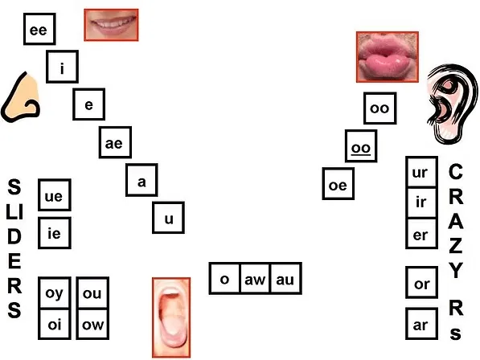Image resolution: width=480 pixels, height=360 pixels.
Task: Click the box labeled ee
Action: [x=39, y=29]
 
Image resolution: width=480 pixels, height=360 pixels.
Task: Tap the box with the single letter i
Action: [x=62, y=67]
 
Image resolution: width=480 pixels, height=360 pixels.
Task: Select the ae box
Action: [x=115, y=142]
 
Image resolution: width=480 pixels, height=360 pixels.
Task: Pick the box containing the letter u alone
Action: [x=168, y=218]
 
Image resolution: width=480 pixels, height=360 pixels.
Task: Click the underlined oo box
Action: [x=361, y=146]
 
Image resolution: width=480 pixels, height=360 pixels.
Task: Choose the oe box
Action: [x=338, y=183]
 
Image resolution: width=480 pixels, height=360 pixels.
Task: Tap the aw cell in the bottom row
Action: [x=255, y=278]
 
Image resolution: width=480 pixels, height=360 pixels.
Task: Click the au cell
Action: [x=285, y=278]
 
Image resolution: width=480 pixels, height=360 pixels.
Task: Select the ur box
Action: [x=421, y=172]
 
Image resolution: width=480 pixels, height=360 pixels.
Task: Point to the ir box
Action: [x=421, y=202]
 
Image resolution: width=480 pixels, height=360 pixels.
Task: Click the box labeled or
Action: [x=421, y=282]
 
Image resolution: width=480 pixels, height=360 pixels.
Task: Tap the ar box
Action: [x=421, y=324]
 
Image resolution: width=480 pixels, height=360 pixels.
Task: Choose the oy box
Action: [x=55, y=292]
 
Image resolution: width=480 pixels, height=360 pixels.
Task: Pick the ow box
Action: [x=92, y=324]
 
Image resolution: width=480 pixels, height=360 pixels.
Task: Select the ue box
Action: [x=55, y=194]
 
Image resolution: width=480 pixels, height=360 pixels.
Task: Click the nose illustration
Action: [x=21, y=97]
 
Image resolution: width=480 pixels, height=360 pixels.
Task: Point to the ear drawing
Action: [x=452, y=104]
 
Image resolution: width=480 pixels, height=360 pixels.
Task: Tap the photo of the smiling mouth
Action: [x=111, y=25]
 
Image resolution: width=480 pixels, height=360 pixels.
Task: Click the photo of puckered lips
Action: [x=388, y=57]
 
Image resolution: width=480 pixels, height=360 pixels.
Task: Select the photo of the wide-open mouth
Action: [x=171, y=317]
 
